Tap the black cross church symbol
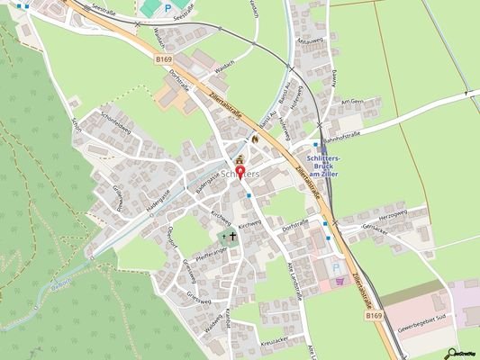point(232,237)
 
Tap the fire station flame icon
point(257,139)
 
